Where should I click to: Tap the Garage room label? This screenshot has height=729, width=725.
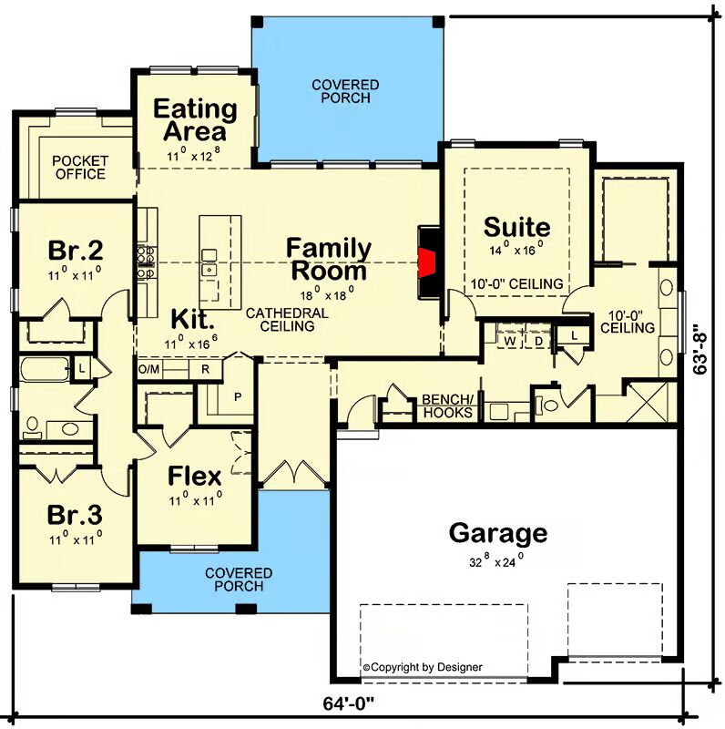point(497,533)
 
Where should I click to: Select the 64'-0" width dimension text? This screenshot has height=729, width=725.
point(348,703)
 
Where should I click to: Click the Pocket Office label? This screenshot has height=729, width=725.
point(80,168)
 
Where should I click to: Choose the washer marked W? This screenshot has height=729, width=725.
point(510,341)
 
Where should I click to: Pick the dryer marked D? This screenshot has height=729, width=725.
point(538,341)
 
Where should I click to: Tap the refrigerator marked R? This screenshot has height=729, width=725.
point(205,370)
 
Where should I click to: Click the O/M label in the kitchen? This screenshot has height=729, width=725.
point(148,370)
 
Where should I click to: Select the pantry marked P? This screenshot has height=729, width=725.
point(238,397)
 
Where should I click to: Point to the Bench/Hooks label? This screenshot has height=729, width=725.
point(447,406)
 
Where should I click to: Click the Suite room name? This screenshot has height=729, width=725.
point(516,227)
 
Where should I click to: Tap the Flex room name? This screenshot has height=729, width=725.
point(194,476)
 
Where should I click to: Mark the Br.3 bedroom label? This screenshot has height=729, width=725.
point(75,515)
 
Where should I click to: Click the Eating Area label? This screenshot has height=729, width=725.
point(195,120)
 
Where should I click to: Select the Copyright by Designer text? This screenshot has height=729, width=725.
point(423,668)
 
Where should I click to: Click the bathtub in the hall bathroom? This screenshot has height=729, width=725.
point(45,370)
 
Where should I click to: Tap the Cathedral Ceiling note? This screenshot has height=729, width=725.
point(287,320)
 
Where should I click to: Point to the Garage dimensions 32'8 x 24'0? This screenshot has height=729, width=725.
point(496,561)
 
